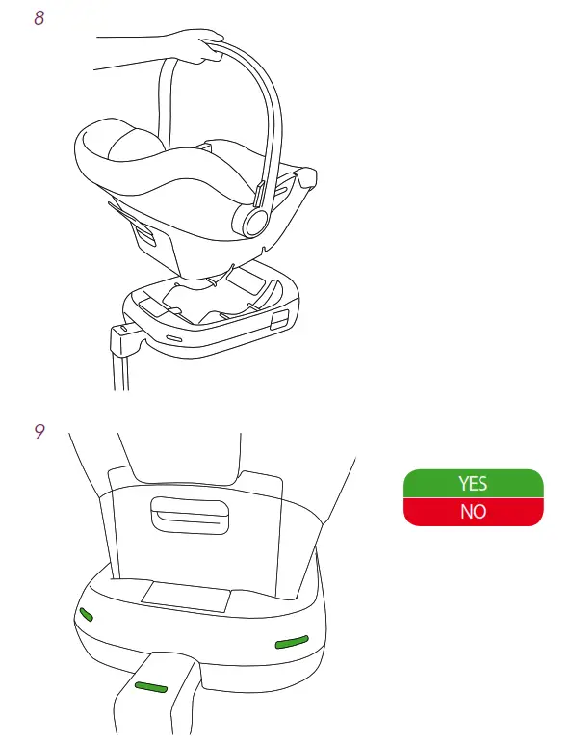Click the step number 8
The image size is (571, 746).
point(39,17)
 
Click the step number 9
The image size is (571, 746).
point(39,432)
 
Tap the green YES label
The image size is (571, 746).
point(473,484)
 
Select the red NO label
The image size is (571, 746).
point(473,512)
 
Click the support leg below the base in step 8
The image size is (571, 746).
point(120,366)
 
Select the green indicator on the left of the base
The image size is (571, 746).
point(87,615)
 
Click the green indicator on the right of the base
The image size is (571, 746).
point(291,642)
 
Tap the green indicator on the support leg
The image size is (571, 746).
point(150,686)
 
